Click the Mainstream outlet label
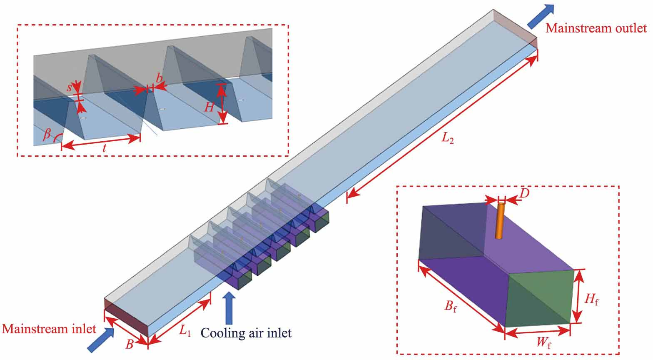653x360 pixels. click(x=596, y=28)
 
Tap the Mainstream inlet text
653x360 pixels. click(x=49, y=329)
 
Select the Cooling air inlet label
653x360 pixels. click(x=246, y=332)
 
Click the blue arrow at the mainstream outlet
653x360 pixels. click(x=541, y=17)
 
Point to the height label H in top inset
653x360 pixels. click(x=209, y=107)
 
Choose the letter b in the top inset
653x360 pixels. click(x=159, y=78)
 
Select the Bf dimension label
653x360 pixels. click(x=451, y=307)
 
